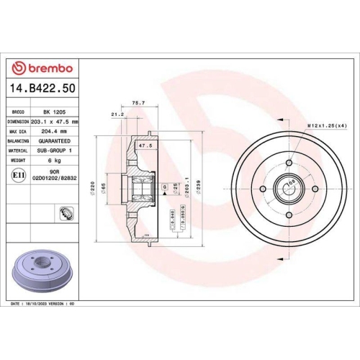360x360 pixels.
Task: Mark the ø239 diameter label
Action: (208, 189)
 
